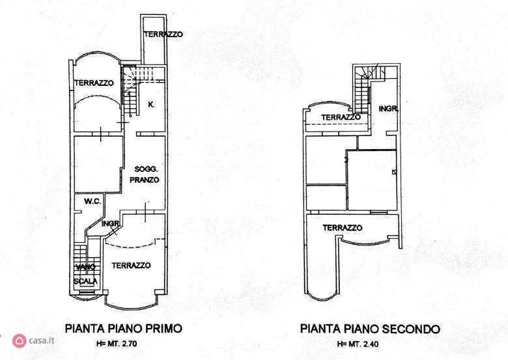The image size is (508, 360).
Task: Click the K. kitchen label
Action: pos(151,105)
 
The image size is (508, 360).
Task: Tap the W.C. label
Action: pos(92,201)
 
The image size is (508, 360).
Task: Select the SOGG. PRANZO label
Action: pos(145,174)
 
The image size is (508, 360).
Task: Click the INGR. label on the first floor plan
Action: pos(111,224)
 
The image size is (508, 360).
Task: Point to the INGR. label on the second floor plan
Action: pos(388,109)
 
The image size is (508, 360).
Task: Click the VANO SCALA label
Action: pos(85,274)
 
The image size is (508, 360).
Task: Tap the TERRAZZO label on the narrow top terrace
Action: pos(163,34)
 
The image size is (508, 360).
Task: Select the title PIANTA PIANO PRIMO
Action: pos(124,328)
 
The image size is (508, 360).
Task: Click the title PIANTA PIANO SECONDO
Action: pos(370,329)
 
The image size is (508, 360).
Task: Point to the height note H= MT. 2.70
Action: pos(117,344)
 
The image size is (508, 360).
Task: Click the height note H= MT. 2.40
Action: pos(358,344)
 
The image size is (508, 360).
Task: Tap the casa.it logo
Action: pos(33,340)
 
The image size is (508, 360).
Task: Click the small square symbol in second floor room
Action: pos(394,173)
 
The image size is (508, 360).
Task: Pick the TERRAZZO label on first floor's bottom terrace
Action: pos(131,266)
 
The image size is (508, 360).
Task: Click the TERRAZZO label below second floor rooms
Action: pos(343,228)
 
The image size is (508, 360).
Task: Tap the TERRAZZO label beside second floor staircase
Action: pos(341,117)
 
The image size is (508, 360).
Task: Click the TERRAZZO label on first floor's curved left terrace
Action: pos(94,83)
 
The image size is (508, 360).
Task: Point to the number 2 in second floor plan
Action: pos(346,159)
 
